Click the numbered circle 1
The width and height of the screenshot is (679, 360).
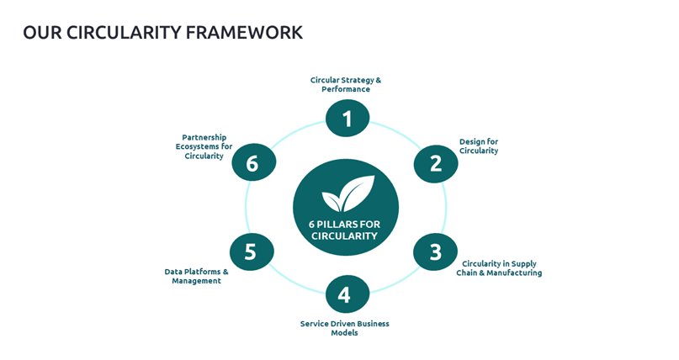click(347, 119)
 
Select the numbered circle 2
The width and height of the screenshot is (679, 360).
click(436, 163)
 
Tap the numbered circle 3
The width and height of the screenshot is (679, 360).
click(436, 252)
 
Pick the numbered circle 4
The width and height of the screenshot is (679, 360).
click(347, 294)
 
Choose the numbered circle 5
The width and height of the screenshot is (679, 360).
click(252, 251)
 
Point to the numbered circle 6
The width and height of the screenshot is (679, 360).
click(253, 163)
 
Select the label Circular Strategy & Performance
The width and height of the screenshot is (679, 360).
click(346, 85)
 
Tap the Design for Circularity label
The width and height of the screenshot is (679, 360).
click(479, 146)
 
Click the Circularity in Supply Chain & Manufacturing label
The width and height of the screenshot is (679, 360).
click(499, 268)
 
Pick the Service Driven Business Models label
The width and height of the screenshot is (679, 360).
click(344, 328)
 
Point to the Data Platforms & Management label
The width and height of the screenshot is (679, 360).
click(196, 276)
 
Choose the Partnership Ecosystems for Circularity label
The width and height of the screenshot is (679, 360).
click(205, 146)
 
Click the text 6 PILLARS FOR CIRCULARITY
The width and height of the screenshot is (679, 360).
click(346, 230)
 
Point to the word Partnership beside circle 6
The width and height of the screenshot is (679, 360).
click(204, 137)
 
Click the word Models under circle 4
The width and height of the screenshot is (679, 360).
click(344, 333)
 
